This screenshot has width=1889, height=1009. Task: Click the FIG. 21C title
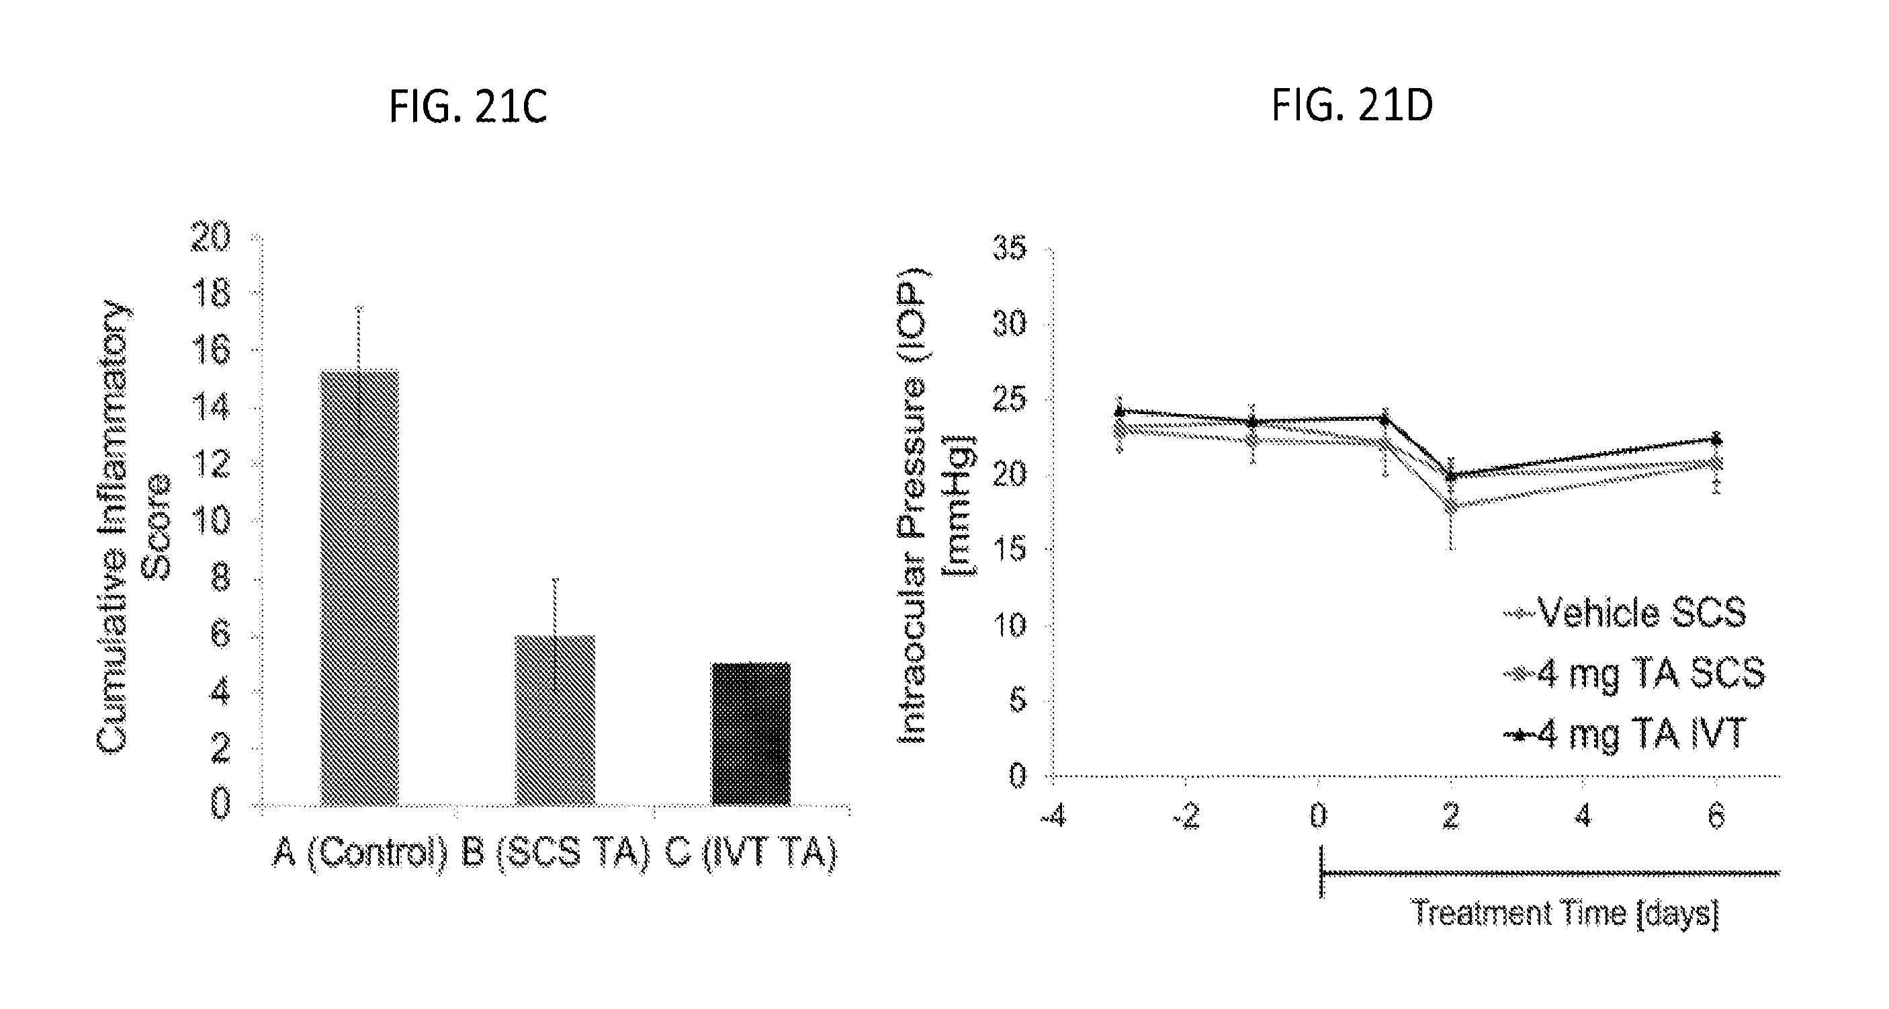click(x=467, y=107)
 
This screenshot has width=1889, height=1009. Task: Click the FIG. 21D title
click(x=1352, y=106)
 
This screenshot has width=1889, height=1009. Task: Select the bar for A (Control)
click(x=359, y=587)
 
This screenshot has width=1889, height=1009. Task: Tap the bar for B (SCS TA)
click(x=555, y=719)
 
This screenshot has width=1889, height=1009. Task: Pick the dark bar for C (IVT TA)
click(x=751, y=733)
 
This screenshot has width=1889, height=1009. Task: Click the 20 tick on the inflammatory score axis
click(x=210, y=237)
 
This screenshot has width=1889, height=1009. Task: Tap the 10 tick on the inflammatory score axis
click(x=210, y=520)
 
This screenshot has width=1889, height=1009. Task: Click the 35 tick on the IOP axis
click(x=1009, y=249)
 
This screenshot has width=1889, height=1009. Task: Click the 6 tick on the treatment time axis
click(x=1716, y=817)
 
